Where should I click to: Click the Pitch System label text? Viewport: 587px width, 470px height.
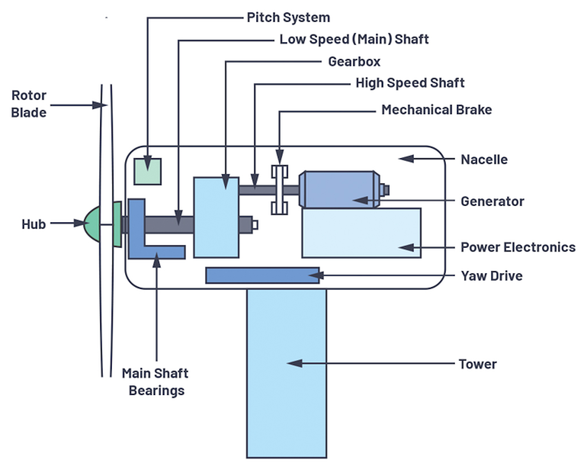click(x=288, y=18)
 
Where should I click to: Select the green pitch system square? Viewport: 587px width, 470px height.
click(x=148, y=172)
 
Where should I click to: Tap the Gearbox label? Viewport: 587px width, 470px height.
click(x=354, y=62)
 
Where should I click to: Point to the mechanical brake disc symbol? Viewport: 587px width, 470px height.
click(x=280, y=190)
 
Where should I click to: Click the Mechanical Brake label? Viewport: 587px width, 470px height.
click(x=436, y=110)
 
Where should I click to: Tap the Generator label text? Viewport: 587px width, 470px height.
click(x=492, y=201)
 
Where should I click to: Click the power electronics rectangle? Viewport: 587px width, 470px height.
click(x=361, y=233)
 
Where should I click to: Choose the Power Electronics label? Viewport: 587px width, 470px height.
click(x=518, y=247)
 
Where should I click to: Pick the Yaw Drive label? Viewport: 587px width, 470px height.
click(x=491, y=276)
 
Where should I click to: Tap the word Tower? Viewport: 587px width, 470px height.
click(x=477, y=364)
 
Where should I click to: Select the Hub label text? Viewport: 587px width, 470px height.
click(x=33, y=224)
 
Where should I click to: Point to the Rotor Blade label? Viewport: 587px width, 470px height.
click(x=29, y=104)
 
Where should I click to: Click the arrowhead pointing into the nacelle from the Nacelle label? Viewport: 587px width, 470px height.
click(x=405, y=159)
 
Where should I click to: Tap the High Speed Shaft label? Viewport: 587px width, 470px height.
click(x=410, y=83)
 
